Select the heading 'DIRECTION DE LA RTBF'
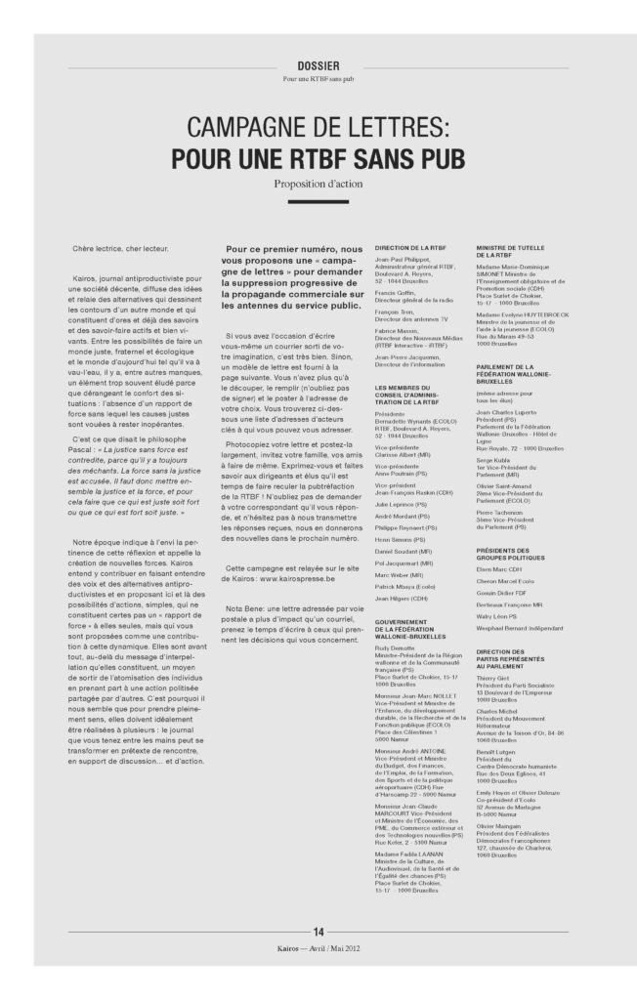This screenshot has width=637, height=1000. [x=410, y=248]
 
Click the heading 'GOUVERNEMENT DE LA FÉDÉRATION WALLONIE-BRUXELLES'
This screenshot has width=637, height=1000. [x=415, y=610]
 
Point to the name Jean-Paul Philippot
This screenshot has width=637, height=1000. [x=402, y=261]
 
